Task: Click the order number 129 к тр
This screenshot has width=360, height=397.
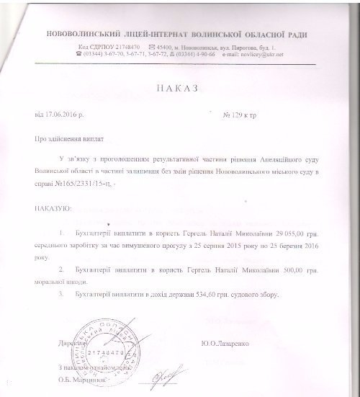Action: [240, 115]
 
